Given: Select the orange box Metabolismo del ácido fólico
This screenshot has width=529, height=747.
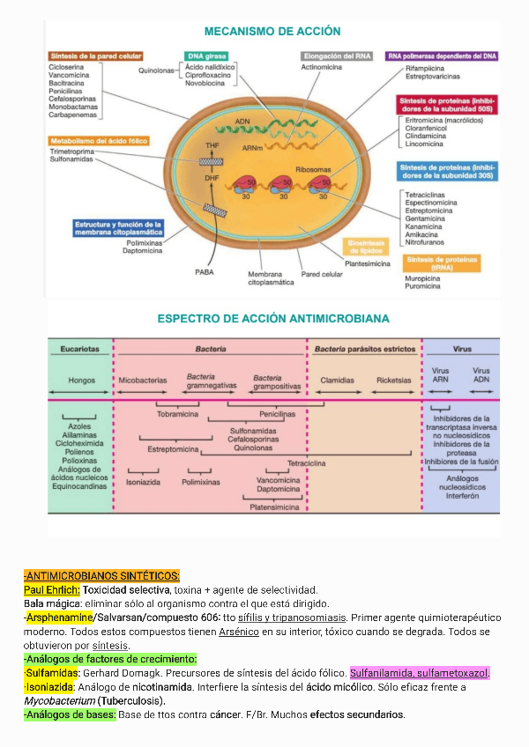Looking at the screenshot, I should (x=98, y=141).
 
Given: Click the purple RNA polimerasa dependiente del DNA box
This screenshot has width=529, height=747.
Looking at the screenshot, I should (x=443, y=55).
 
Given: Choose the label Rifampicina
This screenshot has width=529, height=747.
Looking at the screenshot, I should (x=424, y=67).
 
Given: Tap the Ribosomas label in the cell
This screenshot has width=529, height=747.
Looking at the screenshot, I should (x=314, y=168).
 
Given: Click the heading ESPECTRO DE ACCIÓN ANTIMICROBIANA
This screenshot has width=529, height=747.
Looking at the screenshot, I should (x=273, y=318).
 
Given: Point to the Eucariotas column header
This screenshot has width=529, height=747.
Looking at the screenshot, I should (x=81, y=349).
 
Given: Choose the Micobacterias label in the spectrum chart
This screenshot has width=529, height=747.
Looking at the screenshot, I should (x=142, y=381).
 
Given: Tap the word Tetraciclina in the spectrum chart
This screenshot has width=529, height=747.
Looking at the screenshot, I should (x=307, y=462).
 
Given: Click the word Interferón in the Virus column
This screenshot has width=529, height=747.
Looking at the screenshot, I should (x=462, y=496).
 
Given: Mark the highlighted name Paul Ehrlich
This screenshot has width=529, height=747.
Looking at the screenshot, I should (x=52, y=589).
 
